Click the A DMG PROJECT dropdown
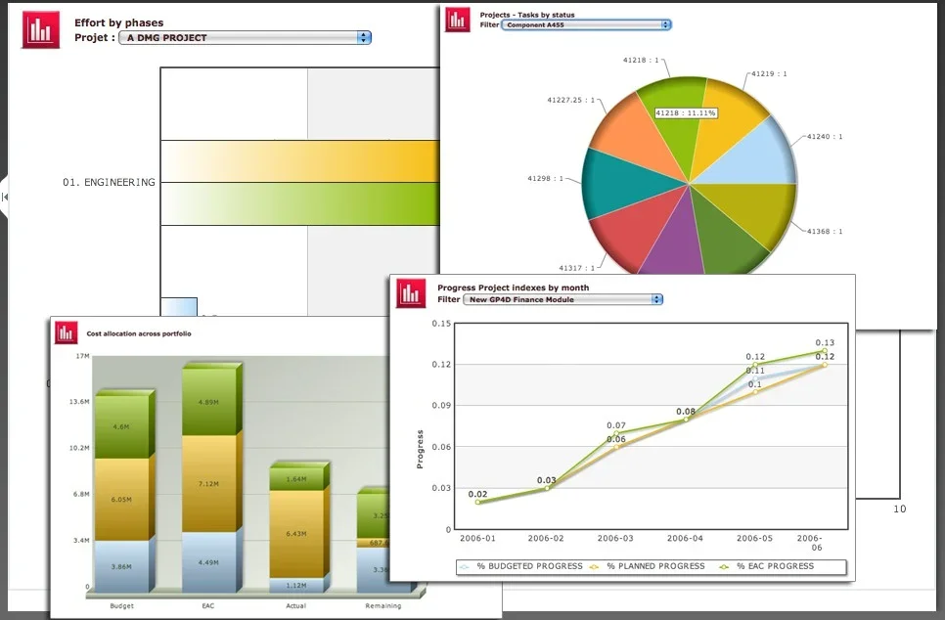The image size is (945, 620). (244, 37)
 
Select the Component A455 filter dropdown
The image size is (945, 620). (586, 24)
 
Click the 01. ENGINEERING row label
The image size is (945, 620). (109, 182)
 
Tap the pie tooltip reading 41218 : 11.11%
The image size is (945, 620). (686, 113)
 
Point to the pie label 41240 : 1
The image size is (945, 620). (825, 137)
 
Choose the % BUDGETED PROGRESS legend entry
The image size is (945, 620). (527, 566)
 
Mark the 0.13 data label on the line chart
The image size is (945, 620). (824, 342)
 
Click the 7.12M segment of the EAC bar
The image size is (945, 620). (208, 483)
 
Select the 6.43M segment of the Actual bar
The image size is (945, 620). (295, 534)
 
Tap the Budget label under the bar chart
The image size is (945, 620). (121, 606)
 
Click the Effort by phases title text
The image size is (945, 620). (119, 22)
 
